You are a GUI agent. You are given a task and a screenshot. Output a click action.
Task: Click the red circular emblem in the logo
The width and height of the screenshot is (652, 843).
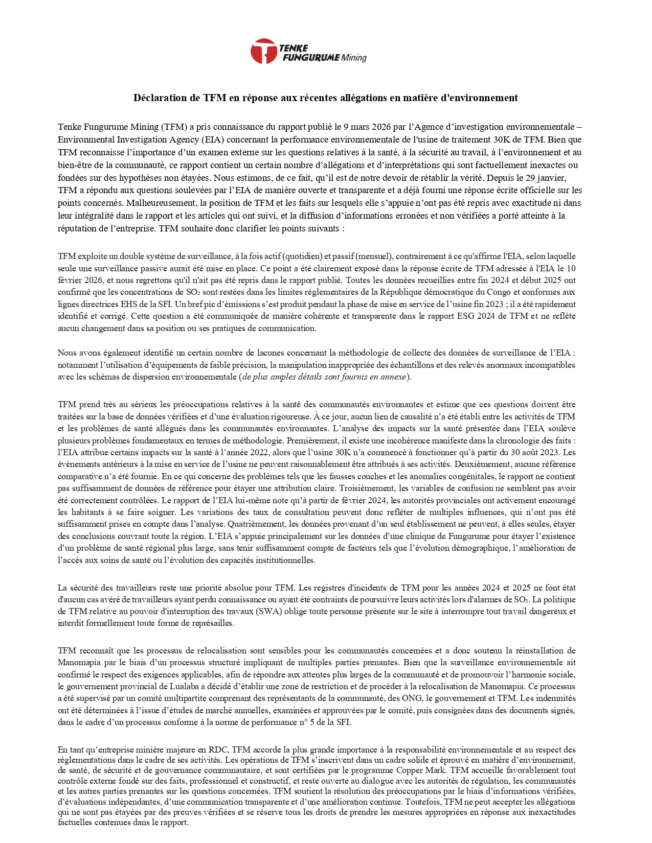pyautogui.click(x=263, y=51)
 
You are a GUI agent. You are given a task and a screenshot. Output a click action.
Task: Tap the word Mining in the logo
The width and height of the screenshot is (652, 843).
pyautogui.click(x=354, y=57)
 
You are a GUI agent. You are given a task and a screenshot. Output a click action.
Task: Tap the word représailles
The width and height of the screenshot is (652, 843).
pyautogui.click(x=211, y=623)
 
